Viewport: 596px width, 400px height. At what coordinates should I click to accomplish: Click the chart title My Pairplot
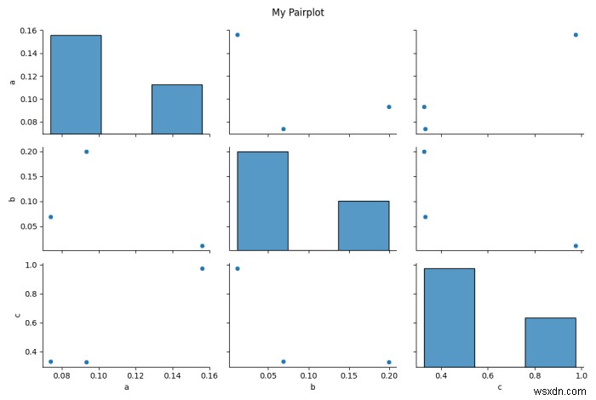298,13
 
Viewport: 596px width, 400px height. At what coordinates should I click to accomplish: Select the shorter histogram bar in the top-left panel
176,108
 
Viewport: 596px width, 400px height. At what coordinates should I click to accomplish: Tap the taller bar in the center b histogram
262,200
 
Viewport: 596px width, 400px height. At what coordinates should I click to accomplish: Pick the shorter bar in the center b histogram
364,225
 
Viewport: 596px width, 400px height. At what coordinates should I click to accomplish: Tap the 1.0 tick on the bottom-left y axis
32,266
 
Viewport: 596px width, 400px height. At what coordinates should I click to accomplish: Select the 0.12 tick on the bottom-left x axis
135,375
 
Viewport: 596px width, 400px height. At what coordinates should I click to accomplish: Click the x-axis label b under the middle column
312,387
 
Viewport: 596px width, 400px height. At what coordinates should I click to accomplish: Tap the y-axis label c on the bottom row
19,316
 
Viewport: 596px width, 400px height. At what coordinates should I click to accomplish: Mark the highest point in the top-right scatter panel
576,35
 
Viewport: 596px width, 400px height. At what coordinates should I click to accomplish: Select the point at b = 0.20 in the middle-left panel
86,151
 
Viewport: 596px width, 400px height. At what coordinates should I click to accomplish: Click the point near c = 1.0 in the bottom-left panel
202,268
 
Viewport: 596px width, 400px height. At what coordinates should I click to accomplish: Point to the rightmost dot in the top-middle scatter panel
388,106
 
